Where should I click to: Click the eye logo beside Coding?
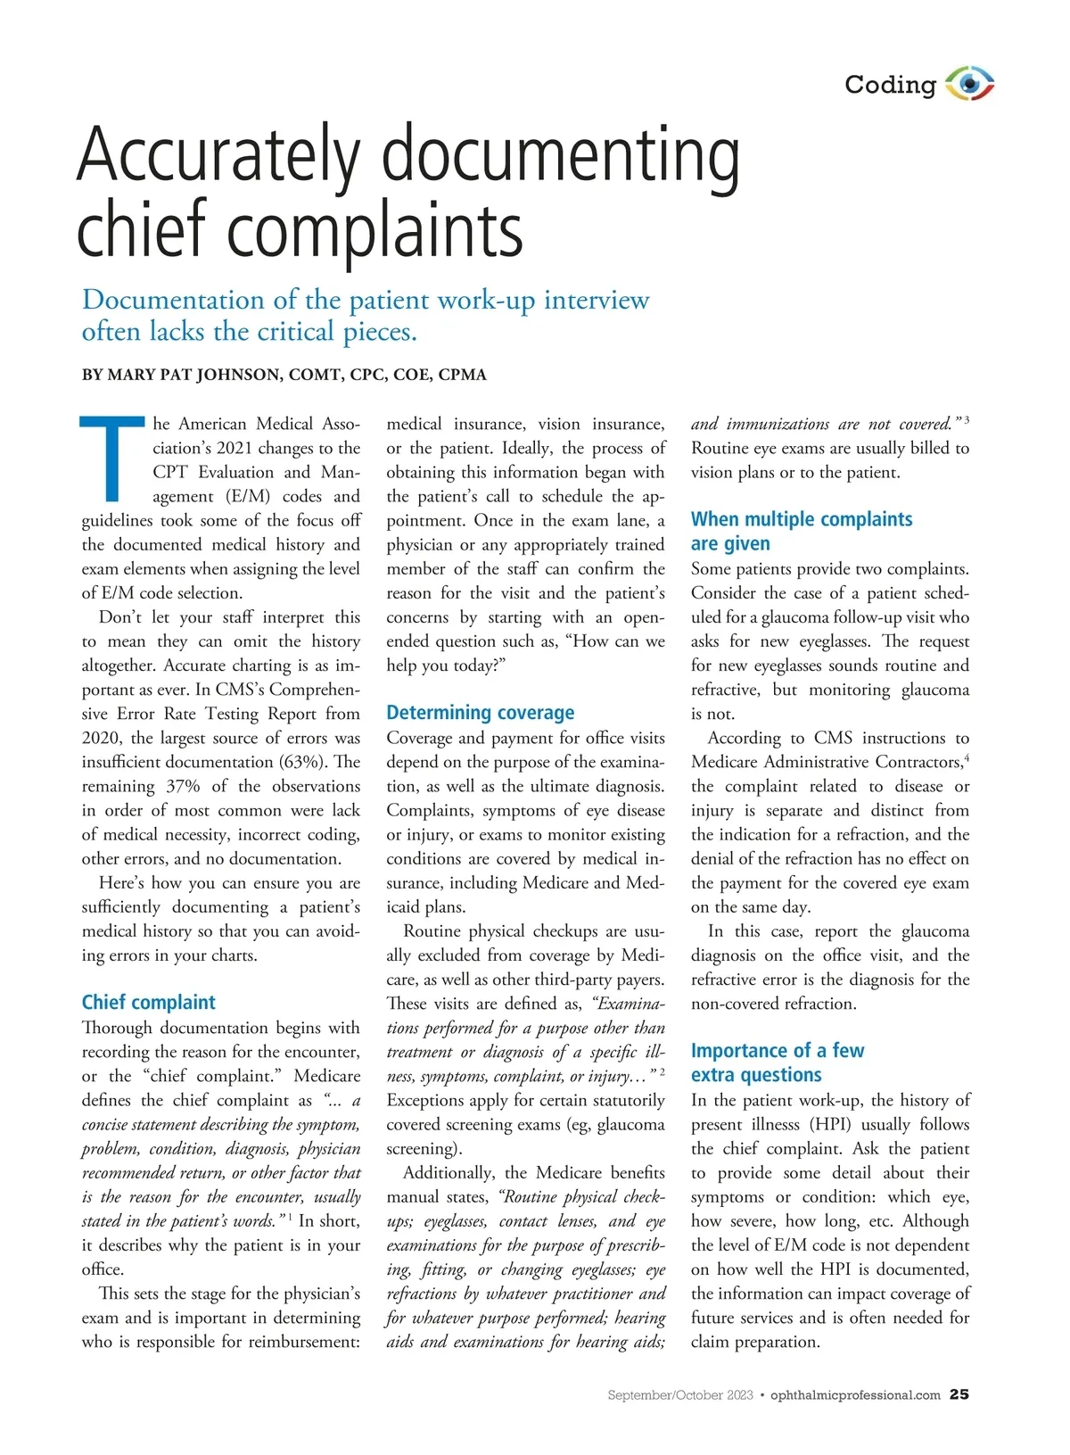click(969, 84)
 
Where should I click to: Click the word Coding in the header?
click(890, 85)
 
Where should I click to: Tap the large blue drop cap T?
click(111, 459)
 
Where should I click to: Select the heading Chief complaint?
click(149, 1002)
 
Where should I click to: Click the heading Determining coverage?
click(480, 713)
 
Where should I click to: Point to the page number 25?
click(959, 1394)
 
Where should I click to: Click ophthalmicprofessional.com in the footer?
click(855, 1395)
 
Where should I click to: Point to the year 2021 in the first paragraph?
click(236, 448)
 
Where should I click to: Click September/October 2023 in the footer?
click(680, 1395)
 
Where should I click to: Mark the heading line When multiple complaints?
click(802, 519)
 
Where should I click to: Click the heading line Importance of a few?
click(778, 1050)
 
